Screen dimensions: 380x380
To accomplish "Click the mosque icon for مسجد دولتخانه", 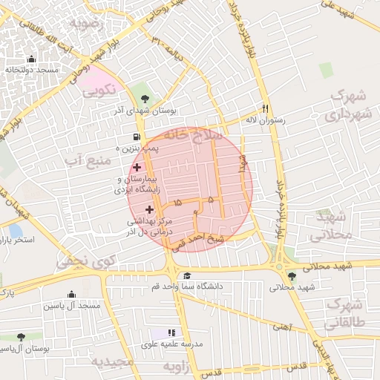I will [30, 59].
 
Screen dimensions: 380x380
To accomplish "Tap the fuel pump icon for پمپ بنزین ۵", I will [135, 137].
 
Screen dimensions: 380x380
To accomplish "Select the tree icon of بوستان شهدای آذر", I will [145, 99].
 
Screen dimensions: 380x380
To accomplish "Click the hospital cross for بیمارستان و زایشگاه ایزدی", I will [137, 168].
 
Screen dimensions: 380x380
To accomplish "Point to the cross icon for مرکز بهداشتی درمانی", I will [148, 210].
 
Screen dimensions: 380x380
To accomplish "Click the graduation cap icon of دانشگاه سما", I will [186, 276].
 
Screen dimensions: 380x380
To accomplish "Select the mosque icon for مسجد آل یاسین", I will [71, 295].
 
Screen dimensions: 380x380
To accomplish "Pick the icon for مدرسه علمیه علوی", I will [171, 333].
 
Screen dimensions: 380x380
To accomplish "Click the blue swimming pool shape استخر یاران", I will [16, 231].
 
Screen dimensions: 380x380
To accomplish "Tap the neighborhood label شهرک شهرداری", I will [346, 105].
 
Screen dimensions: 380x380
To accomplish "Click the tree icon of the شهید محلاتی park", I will [291, 276].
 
